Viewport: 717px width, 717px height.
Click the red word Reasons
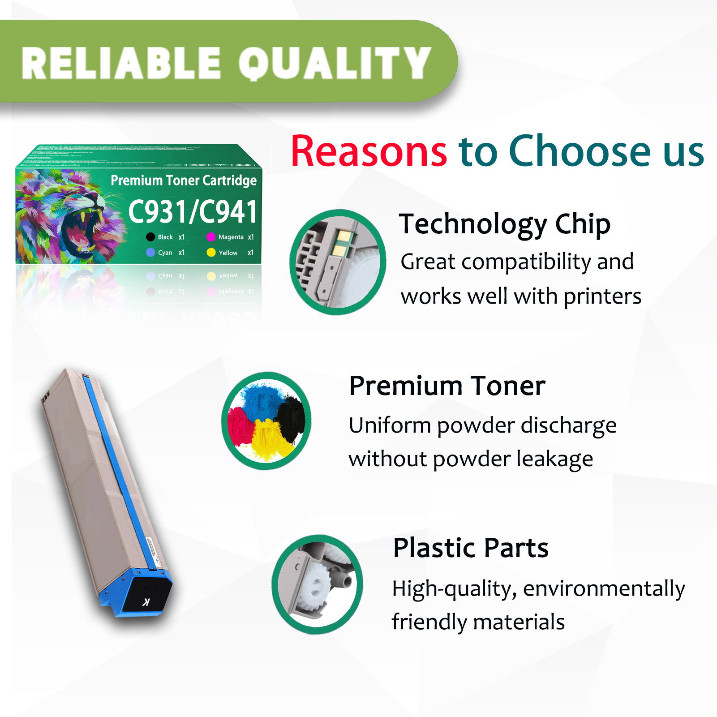pyautogui.click(x=369, y=151)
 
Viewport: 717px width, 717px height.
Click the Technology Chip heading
pyautogui.click(x=504, y=224)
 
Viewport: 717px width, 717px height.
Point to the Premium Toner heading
pyautogui.click(x=447, y=386)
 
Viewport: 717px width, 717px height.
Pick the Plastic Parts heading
pyautogui.click(x=470, y=548)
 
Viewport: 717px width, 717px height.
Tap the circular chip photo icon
pyautogui.click(x=338, y=262)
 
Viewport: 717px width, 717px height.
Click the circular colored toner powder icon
pyautogui.click(x=266, y=421)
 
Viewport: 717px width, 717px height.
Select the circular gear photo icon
pyautogui.click(x=317, y=584)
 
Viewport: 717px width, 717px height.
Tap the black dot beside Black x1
pyautogui.click(x=150, y=237)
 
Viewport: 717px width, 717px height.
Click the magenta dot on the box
pyautogui.click(x=211, y=237)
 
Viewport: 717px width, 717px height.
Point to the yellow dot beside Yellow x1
pyautogui.click(x=211, y=253)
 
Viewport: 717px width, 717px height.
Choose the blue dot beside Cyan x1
pyautogui.click(x=150, y=253)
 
